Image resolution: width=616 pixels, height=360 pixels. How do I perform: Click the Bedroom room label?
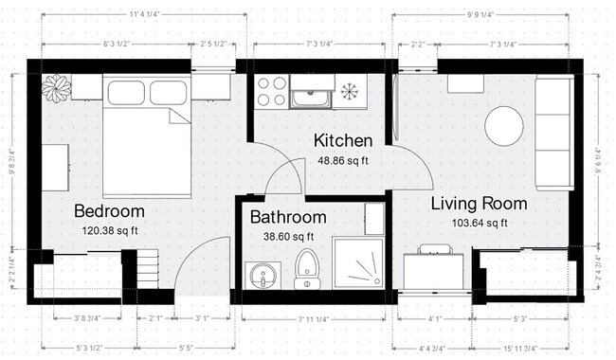[109, 210]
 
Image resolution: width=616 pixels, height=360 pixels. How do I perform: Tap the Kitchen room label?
[343, 141]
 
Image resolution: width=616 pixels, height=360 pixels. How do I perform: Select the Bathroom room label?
[288, 217]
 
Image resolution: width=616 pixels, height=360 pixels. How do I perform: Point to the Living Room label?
[479, 204]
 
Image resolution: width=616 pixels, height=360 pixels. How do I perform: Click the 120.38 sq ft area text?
[109, 229]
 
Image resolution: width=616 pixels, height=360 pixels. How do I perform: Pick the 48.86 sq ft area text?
[343, 160]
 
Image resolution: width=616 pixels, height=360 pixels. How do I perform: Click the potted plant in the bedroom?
[56, 88]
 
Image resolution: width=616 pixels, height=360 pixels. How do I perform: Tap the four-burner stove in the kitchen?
[271, 91]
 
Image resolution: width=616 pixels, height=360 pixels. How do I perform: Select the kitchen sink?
[310, 95]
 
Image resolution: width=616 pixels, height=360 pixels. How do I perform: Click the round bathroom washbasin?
[262, 276]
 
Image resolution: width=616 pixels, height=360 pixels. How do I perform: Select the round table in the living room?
[503, 125]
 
